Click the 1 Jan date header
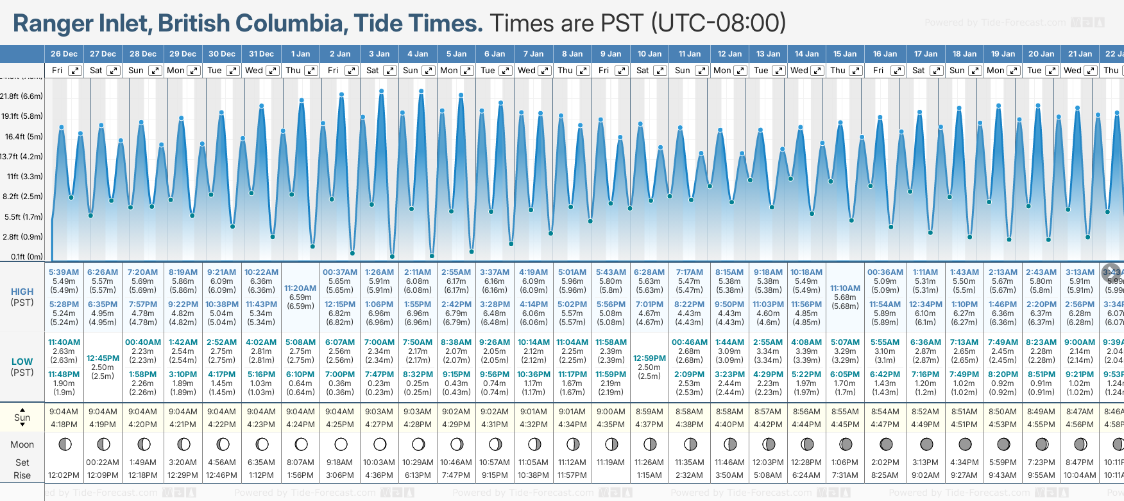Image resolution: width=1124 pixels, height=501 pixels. [300, 54]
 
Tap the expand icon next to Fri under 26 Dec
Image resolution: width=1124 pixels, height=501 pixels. [75, 71]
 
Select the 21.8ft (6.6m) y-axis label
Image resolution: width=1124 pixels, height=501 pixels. [22, 96]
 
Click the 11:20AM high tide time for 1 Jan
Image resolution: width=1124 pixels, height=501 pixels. [300, 288]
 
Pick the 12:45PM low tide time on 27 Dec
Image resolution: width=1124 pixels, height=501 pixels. [103, 358]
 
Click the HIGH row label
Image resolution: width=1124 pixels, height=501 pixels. [22, 292]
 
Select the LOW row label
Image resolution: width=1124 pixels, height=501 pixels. [22, 362]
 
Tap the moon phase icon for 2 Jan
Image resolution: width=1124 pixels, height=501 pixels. [341, 444]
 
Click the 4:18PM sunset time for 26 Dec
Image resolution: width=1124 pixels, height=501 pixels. [64, 425]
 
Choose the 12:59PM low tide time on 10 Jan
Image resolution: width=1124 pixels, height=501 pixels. [649, 358]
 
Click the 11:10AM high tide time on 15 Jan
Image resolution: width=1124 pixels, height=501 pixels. [845, 288]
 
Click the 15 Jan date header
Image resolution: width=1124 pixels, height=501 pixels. [845, 54]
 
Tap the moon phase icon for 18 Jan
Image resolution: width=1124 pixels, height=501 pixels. [965, 444]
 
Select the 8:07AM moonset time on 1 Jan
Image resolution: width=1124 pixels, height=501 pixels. [300, 462]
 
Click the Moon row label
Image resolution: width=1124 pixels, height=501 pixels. [22, 444]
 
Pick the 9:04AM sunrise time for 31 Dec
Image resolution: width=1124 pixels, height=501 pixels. [261, 412]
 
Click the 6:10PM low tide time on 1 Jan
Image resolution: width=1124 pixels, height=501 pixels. [300, 374]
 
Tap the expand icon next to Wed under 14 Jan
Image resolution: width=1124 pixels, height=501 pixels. [817, 71]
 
